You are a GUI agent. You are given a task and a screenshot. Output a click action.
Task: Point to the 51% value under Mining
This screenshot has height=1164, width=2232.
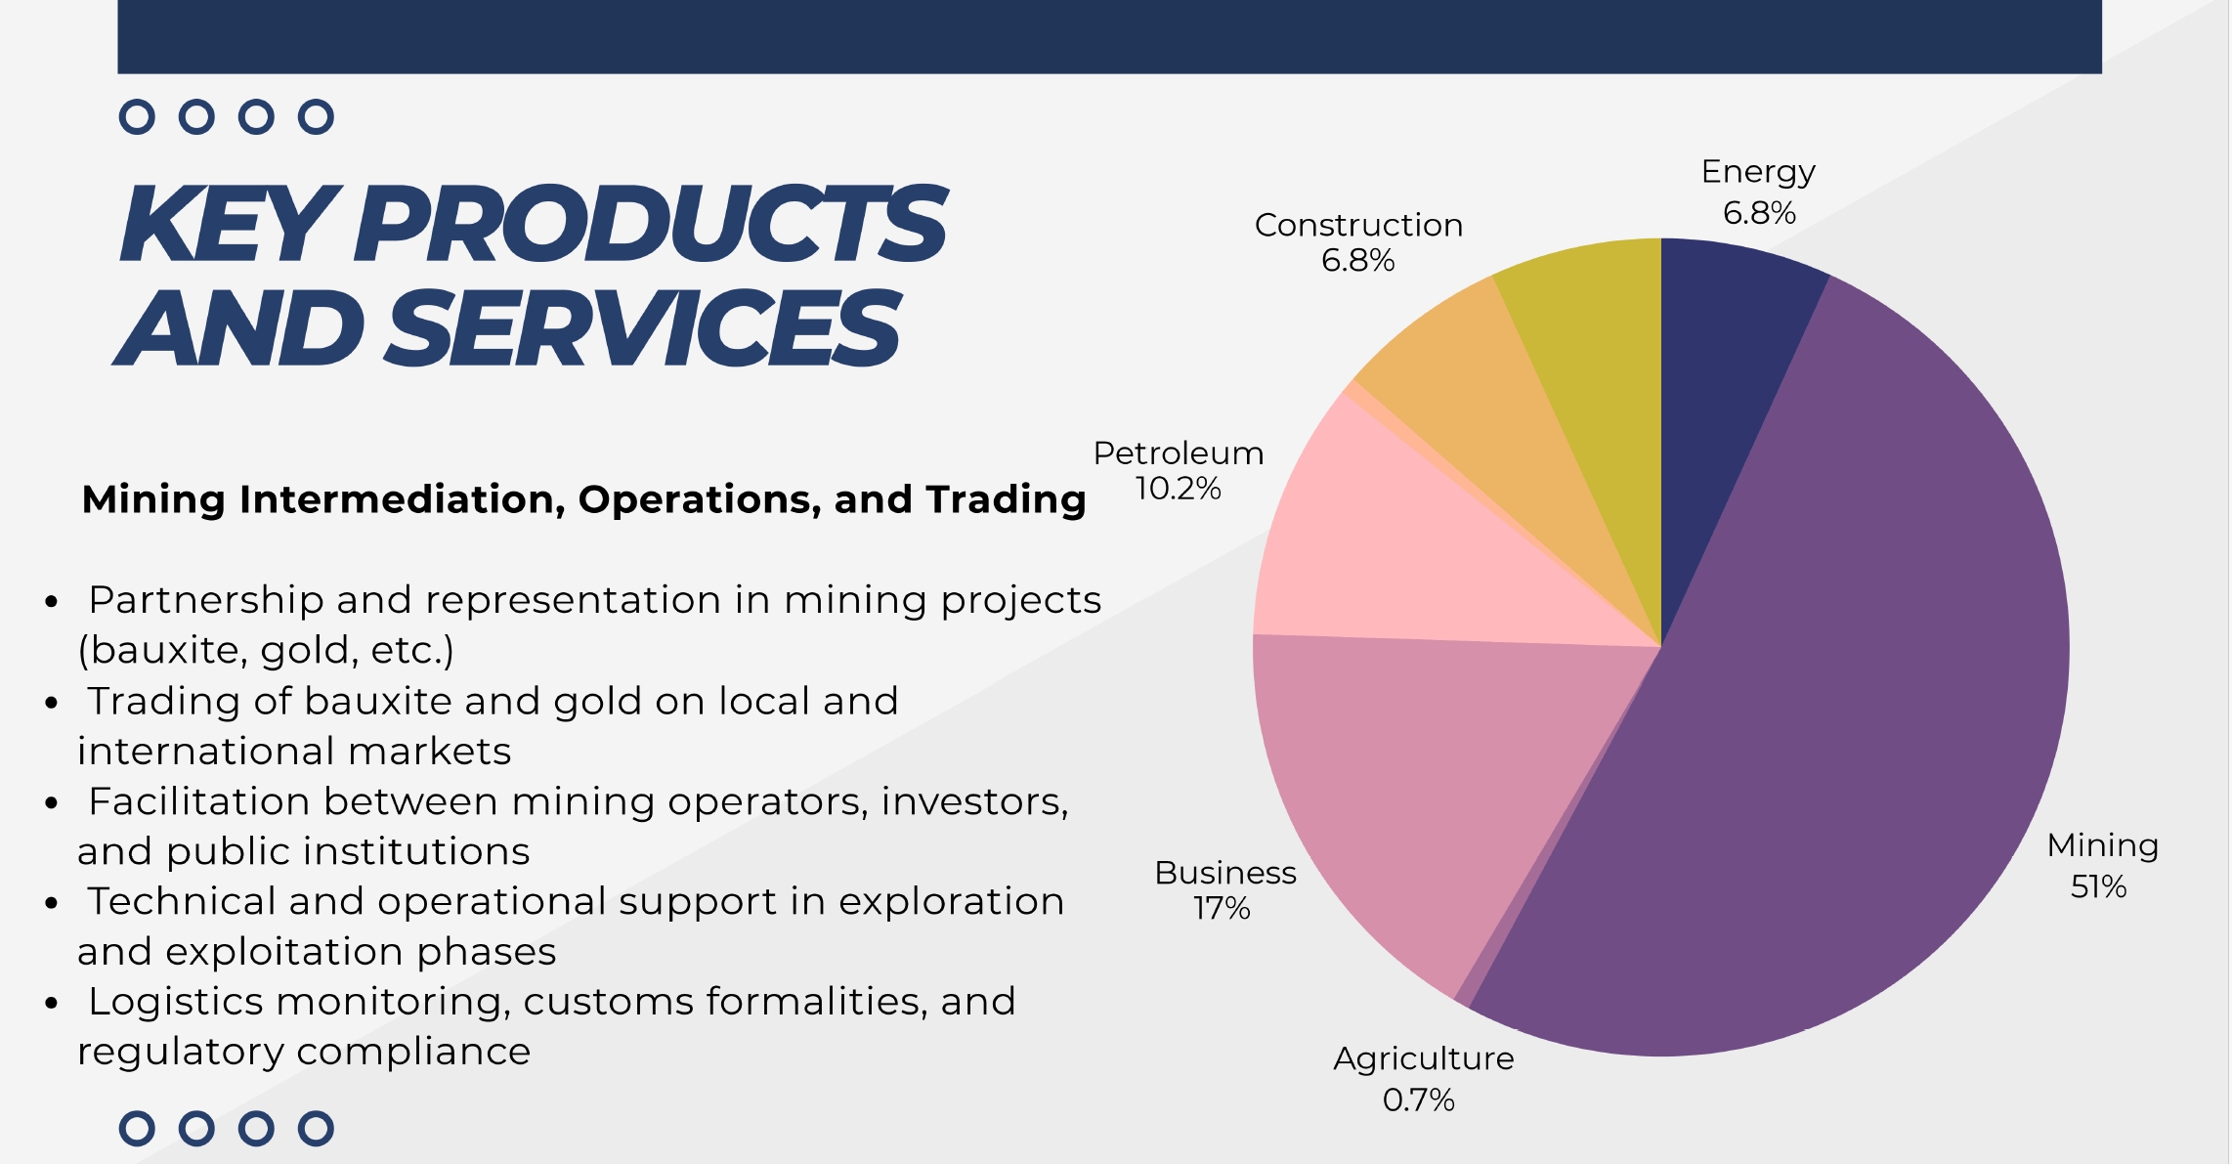pos(2098,886)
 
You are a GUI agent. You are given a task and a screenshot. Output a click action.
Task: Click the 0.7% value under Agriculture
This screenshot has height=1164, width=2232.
pos(1418,1100)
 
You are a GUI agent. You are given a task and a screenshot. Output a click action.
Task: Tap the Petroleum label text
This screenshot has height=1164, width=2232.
pos(1178,453)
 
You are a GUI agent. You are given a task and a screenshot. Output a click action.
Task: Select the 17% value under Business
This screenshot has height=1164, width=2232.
pos(1222,908)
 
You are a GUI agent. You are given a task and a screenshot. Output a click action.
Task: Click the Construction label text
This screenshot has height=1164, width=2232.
pos(1358,225)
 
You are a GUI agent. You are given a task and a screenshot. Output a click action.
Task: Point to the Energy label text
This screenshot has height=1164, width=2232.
pos(1758,172)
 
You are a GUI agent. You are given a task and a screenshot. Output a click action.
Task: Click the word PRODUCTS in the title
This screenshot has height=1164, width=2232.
pos(650,224)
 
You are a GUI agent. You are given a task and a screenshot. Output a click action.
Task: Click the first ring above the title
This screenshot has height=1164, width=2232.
pos(137,117)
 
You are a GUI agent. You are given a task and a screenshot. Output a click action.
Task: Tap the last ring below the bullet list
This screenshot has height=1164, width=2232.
pos(316,1129)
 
